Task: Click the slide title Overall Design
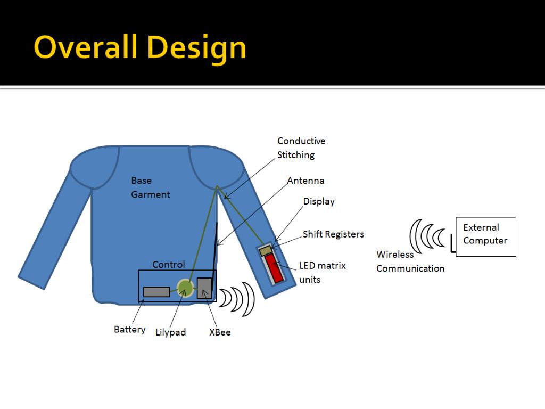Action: tap(139, 47)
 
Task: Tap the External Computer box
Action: tap(485, 236)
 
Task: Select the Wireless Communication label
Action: tap(410, 261)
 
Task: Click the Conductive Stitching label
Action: tap(301, 148)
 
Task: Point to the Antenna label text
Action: tap(305, 181)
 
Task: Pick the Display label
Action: tap(319, 201)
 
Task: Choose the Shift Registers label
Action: tap(333, 234)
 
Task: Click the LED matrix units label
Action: tap(322, 272)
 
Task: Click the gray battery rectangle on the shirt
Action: tap(156, 292)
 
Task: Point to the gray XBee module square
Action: tap(204, 288)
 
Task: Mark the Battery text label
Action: tap(129, 330)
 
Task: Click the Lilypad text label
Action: tap(170, 332)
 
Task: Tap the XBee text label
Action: tap(220, 332)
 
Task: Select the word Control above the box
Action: tap(168, 265)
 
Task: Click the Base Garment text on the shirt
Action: tap(151, 187)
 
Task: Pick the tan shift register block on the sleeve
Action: tap(266, 250)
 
